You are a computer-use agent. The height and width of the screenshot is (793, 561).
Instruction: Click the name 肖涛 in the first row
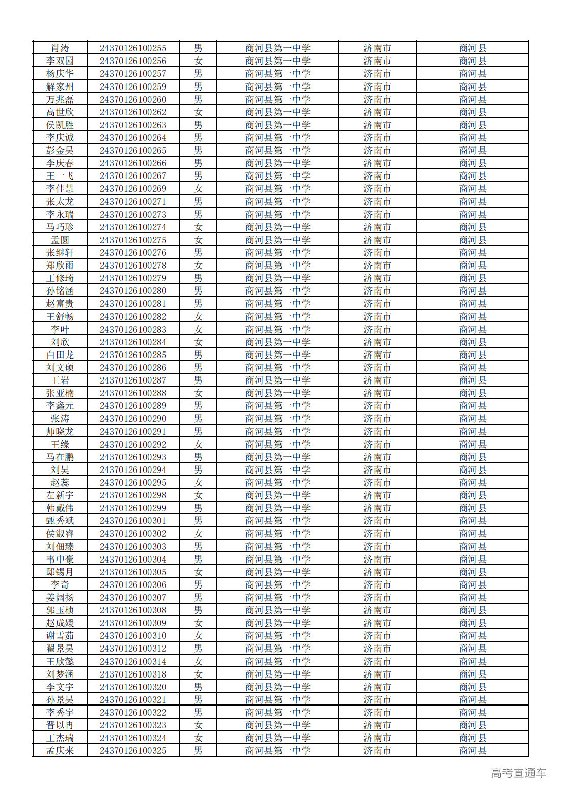(x=60, y=48)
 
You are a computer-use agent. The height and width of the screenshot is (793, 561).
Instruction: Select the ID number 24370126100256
(x=133, y=61)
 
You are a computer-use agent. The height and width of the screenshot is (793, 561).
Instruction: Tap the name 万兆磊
(x=60, y=100)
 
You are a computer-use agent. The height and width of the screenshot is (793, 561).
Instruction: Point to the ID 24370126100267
(x=133, y=176)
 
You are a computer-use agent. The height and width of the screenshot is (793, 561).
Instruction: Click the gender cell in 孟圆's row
(x=198, y=240)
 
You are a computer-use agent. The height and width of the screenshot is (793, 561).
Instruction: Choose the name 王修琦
(x=60, y=278)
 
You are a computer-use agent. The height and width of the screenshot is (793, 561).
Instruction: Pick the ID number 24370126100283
(x=133, y=330)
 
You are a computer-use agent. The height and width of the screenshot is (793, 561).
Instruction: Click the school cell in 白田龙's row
(x=277, y=355)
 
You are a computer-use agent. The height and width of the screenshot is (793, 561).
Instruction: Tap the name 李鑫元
(x=60, y=406)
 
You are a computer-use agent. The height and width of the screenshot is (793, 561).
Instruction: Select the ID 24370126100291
(x=133, y=432)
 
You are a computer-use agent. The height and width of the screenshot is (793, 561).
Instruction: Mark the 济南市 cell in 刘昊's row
(x=377, y=470)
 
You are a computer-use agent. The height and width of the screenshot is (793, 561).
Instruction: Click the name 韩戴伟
(x=60, y=508)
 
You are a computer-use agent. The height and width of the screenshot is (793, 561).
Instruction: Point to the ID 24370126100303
(x=133, y=547)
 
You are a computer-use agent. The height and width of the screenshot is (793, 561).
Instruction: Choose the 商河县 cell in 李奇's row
(x=472, y=585)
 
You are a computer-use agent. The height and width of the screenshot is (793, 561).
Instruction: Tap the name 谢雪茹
(x=60, y=636)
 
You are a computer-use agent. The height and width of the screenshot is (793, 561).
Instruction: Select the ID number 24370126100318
(x=133, y=674)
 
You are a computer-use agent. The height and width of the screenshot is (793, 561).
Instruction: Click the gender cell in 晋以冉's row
(x=198, y=725)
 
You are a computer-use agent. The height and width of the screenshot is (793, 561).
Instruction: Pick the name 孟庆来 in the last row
(x=60, y=751)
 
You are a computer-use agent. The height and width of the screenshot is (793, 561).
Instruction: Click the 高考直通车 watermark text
(x=518, y=773)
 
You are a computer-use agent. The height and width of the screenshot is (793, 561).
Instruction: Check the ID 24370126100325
(x=133, y=751)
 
